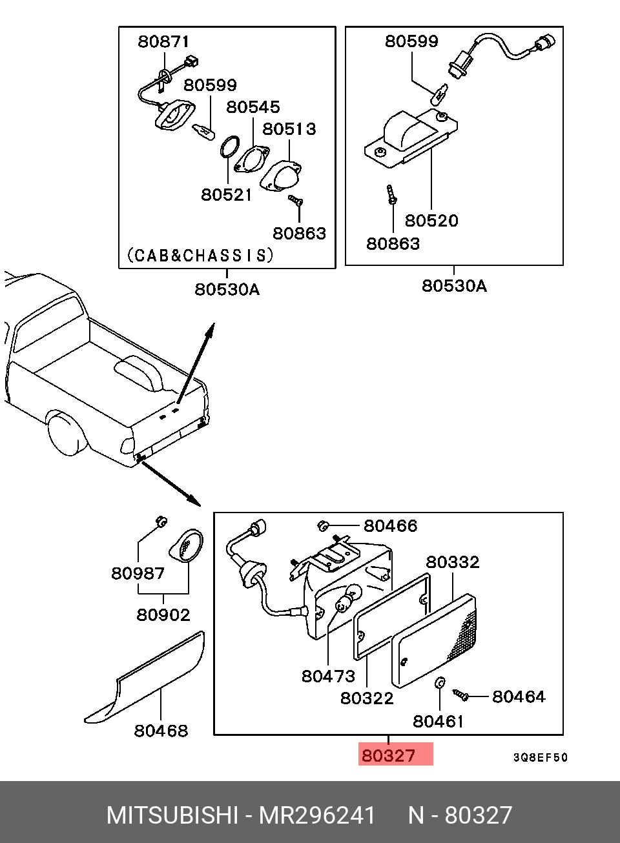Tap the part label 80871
coord(163,41)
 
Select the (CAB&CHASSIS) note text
coord(200,255)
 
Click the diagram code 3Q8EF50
coord(540,757)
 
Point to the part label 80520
coord(431,221)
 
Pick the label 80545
coord(253,107)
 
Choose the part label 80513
coord(289,128)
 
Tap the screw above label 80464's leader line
coord(460,695)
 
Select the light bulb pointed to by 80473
coord(347,600)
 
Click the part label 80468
coord(161,731)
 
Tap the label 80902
coord(163,615)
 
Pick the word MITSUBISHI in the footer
coord(172,815)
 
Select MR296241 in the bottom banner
coord(317,815)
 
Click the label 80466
coord(390,526)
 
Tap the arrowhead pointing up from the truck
coord(210,330)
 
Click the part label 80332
coord(453,562)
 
